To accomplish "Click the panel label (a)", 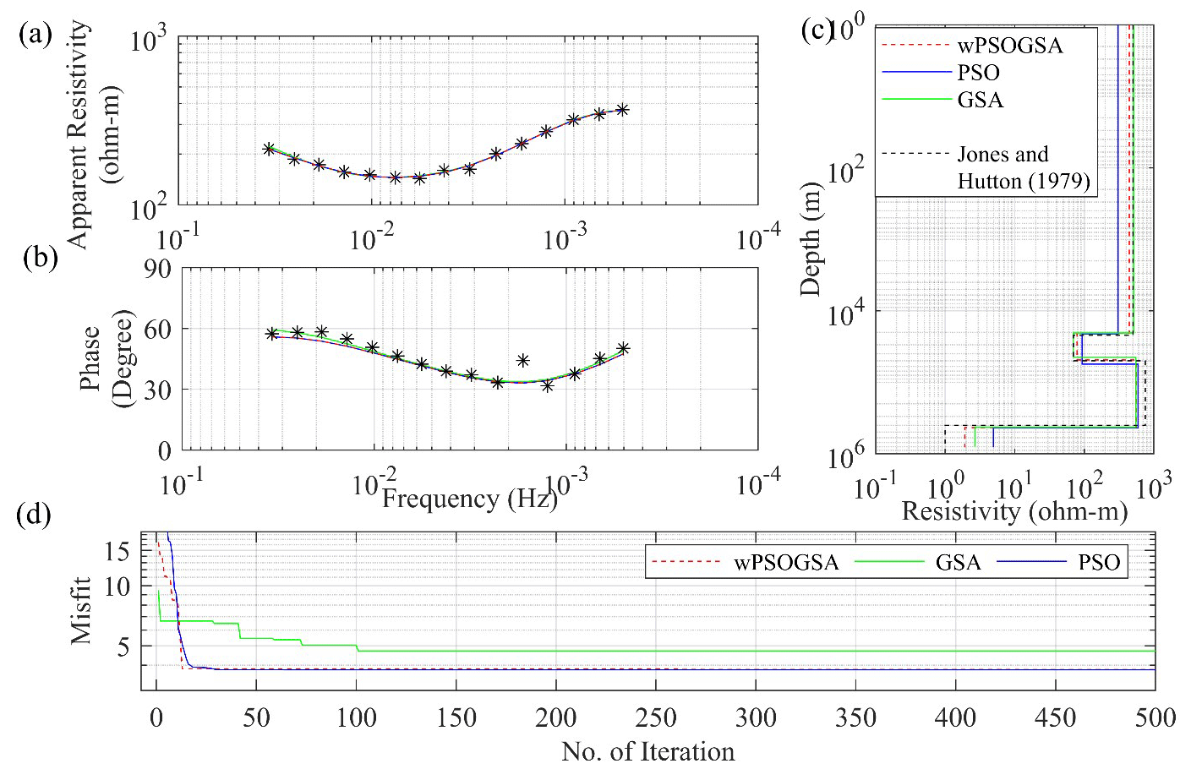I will [x=36, y=35].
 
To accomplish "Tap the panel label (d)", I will [x=36, y=515].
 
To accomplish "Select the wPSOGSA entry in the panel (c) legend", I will [x=1009, y=46].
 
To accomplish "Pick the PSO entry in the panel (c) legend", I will [x=978, y=73].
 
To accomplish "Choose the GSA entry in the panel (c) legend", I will [x=981, y=100].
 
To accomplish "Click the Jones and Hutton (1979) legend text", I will [x=1023, y=167].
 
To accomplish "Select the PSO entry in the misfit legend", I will [x=1099, y=563].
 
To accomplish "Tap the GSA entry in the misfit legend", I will [x=958, y=563].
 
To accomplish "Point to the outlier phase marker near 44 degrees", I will [x=523, y=360].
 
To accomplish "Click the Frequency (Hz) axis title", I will [x=469, y=499].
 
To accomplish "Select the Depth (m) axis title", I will [x=811, y=238].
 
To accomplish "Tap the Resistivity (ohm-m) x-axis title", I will [x=1014, y=511].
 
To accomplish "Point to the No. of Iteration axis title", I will [x=647, y=751].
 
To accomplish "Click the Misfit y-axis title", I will [x=81, y=610].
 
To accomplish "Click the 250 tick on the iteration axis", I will [x=655, y=718].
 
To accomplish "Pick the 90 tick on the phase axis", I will [x=158, y=269].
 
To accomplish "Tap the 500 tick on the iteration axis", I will [x=1155, y=718].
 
